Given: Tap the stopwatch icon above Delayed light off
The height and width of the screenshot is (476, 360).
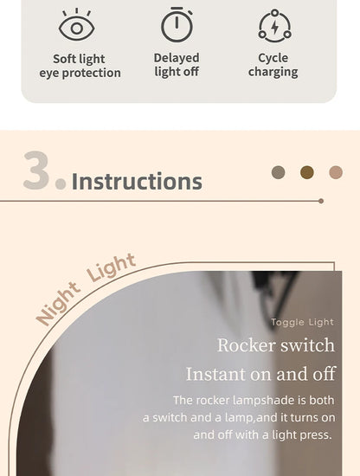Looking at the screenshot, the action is click(177, 24).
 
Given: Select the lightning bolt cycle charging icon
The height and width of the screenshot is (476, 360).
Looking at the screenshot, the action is click(274, 26).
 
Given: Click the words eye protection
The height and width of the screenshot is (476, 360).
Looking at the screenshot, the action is click(80, 74).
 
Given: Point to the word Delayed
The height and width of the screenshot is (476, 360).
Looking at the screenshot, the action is click(177, 58).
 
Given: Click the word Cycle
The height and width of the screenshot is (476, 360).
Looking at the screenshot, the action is click(273, 58).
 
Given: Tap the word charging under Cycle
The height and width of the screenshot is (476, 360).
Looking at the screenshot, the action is click(273, 72).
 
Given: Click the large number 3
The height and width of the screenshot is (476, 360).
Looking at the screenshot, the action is click(36, 170).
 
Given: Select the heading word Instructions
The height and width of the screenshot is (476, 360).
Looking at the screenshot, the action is click(137, 181).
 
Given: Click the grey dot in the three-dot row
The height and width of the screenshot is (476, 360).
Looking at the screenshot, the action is click(279, 172).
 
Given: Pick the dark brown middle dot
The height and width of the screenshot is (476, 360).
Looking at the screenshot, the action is click(307, 172).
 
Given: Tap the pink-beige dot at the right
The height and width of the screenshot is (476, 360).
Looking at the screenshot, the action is click(336, 172).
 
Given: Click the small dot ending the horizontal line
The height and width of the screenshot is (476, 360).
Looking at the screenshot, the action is click(321, 201).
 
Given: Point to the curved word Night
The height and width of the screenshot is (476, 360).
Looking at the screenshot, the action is click(58, 304).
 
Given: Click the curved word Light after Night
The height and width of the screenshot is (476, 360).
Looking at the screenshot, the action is click(111, 267).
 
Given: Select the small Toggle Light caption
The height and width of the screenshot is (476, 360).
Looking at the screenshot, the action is click(302, 322).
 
